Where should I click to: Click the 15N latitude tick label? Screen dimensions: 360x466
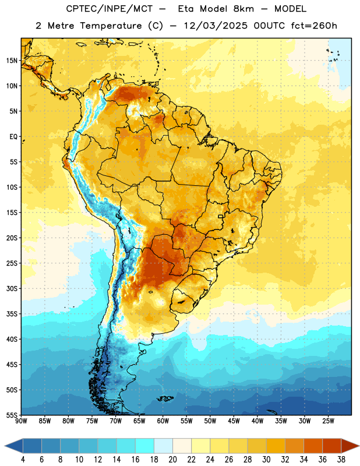click(x=12, y=61)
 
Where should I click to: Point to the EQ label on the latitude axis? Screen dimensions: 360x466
click(x=13, y=137)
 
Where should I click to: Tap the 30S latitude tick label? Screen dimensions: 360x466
click(x=12, y=289)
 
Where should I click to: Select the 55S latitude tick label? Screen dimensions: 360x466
click(x=12, y=415)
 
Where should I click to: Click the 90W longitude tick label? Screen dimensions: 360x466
click(x=21, y=421)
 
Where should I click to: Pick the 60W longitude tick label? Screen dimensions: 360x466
click(x=163, y=421)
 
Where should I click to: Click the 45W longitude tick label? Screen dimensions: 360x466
click(x=234, y=421)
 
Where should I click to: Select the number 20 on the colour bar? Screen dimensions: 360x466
click(x=172, y=460)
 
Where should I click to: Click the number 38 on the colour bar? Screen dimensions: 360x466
click(x=341, y=460)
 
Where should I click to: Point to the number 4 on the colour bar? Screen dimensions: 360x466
click(x=23, y=460)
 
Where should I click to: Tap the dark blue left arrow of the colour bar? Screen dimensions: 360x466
click(x=14, y=446)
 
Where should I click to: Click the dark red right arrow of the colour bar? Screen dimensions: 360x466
click(x=350, y=446)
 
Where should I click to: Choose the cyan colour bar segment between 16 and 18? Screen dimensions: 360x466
click(x=145, y=446)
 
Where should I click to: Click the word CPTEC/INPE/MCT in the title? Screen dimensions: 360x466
click(x=109, y=9)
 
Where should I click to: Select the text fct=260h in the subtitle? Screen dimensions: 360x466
click(x=314, y=26)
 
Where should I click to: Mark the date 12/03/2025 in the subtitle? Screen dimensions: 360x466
click(x=216, y=26)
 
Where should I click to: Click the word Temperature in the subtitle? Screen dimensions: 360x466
click(x=111, y=26)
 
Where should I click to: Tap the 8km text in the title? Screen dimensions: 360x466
click(x=243, y=9)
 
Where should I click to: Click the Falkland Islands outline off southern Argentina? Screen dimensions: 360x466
click(x=165, y=398)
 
